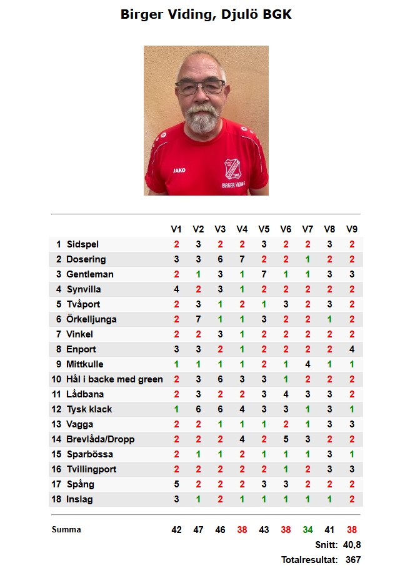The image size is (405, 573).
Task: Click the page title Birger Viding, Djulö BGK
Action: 206,14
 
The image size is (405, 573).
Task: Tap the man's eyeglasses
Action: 200,87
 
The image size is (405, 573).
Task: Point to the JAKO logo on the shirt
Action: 179,169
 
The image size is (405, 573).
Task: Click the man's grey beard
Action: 202,119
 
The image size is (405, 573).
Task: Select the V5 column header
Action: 264,229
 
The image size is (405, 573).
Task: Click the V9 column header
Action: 352,229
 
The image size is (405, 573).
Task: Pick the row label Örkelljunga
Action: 91,319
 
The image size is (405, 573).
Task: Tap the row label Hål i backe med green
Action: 114,379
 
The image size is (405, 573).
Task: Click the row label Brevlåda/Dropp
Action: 100,439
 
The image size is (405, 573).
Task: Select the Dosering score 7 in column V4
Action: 242,259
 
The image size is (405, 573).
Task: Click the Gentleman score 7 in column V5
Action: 264,274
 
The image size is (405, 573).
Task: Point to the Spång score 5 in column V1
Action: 176,484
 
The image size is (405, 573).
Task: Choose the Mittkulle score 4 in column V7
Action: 307,364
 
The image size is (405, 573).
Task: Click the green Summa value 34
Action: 307,530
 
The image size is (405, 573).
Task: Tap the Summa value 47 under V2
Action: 198,530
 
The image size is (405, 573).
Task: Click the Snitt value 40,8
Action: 352,545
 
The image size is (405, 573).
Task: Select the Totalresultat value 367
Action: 353,560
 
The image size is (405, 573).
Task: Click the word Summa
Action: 66,530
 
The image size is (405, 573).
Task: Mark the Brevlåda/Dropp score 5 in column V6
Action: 286,439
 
